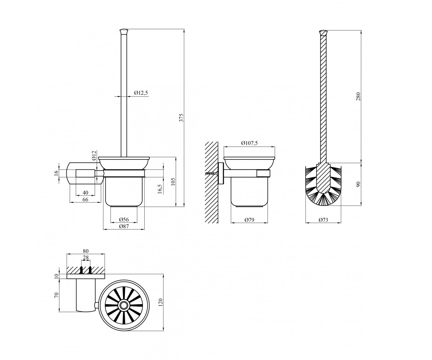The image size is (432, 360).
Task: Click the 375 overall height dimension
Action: click(x=181, y=117)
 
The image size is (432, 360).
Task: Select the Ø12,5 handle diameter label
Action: click(x=141, y=93)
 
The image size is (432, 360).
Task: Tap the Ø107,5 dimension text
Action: click(x=249, y=143)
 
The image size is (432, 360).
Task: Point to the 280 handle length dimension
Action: click(x=358, y=96)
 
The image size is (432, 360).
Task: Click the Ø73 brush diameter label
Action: click(x=323, y=220)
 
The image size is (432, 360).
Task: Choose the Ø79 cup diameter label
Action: click(x=249, y=220)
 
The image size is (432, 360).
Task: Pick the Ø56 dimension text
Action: click(x=124, y=219)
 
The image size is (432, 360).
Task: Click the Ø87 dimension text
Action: click(x=124, y=226)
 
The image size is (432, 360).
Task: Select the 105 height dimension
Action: click(x=173, y=182)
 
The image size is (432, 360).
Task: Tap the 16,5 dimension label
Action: click(x=160, y=189)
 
